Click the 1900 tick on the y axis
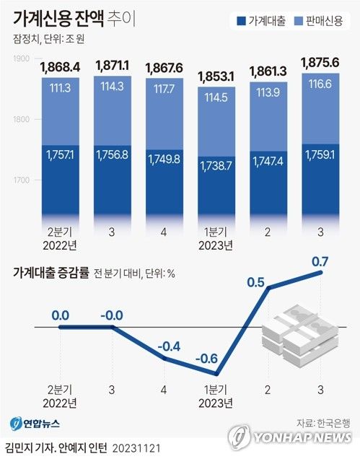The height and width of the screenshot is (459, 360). click(x=22, y=58)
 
